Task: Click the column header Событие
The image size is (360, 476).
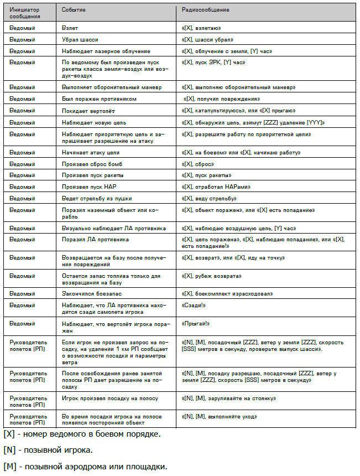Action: (x=74, y=10)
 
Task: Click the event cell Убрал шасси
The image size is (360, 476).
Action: (x=79, y=39)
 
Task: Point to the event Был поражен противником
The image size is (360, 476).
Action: (x=98, y=99)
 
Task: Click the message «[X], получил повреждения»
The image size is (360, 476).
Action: (x=222, y=99)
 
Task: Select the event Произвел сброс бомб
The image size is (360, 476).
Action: (x=91, y=164)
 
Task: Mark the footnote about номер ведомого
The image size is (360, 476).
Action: (x=82, y=433)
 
